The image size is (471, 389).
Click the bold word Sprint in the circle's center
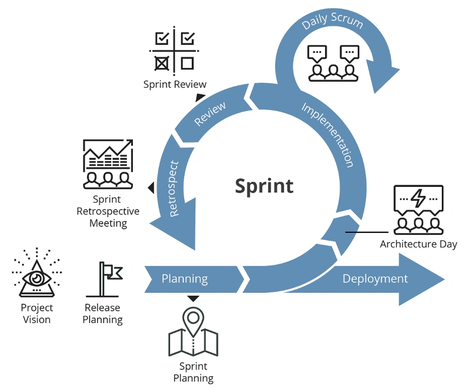click(x=264, y=186)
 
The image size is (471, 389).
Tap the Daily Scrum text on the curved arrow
click(x=332, y=21)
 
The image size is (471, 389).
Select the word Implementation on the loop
click(x=328, y=135)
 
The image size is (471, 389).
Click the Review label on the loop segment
click(x=210, y=113)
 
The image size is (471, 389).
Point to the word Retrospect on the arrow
click(x=174, y=189)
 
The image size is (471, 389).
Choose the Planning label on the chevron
click(x=184, y=279)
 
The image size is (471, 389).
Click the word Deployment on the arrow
click(x=375, y=279)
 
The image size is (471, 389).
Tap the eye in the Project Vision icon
click(x=37, y=278)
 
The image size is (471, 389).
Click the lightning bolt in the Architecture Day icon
click(x=418, y=198)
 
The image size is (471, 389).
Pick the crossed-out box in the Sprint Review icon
click(x=162, y=63)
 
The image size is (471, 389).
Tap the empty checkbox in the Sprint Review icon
click(x=187, y=63)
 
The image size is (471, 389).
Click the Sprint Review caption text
click(x=175, y=84)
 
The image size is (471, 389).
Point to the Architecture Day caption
click(x=419, y=244)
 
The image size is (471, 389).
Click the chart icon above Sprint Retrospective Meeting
click(x=108, y=164)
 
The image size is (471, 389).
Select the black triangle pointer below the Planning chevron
click(x=193, y=299)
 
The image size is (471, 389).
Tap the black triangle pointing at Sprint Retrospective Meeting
click(x=151, y=187)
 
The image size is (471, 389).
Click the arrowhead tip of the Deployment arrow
click(x=445, y=279)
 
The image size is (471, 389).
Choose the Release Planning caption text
click(x=103, y=313)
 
